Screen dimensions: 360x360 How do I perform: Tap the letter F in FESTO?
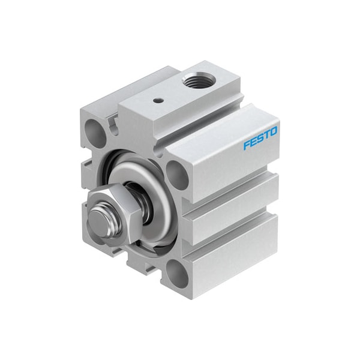pos(247,145)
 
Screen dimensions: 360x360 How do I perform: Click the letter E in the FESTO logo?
pos(253,142)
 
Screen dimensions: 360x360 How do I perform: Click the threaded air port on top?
pos(195,76)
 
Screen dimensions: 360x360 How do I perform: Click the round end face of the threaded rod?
pos(99,221)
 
